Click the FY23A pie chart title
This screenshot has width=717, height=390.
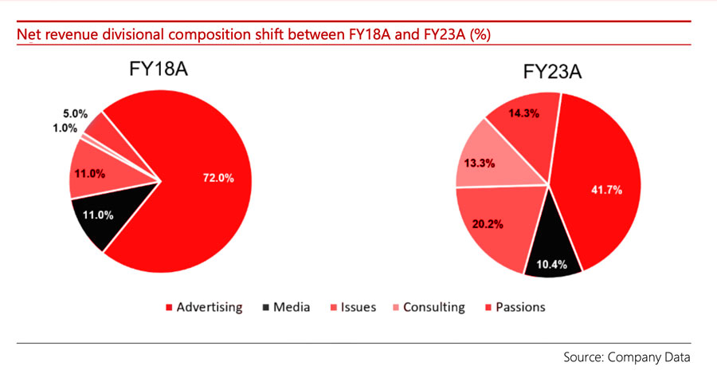coord(552,73)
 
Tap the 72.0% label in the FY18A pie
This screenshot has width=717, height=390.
coord(217,179)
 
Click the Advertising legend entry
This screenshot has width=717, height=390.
coord(209,307)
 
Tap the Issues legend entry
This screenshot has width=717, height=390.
coord(358,307)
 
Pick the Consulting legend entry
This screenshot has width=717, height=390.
coord(433,307)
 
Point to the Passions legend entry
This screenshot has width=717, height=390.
coord(519,307)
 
